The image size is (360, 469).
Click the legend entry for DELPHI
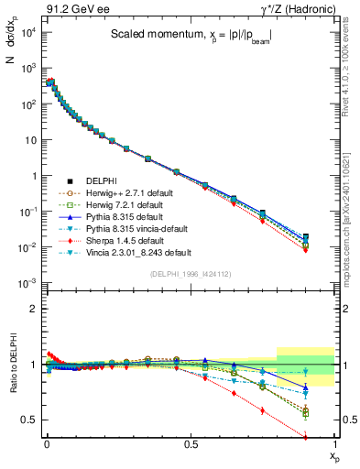[x=104, y=180]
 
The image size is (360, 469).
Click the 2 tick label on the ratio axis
[x=31, y=309]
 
